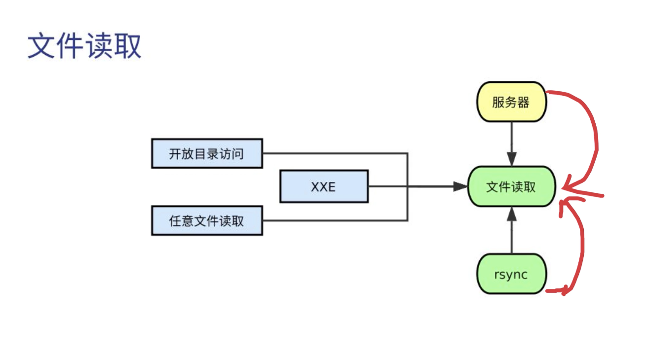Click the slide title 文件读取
(84, 46)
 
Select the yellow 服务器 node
(511, 102)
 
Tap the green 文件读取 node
(511, 187)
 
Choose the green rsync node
(511, 275)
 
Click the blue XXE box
(324, 186)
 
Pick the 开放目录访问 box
(207, 154)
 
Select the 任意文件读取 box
(207, 221)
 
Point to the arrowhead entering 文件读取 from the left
(461, 186)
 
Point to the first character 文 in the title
(41, 46)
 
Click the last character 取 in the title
(128, 46)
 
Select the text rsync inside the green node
(511, 275)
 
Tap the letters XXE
(324, 186)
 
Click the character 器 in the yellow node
(524, 102)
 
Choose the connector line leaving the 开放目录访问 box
(336, 153)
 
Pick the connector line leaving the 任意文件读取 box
(336, 220)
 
